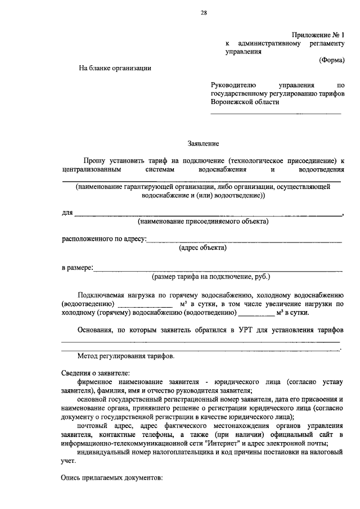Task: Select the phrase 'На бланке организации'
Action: [115, 68]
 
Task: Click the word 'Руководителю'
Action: [233, 84]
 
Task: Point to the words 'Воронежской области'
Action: [245, 102]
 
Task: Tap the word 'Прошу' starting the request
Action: [91, 160]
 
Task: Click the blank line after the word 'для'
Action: [208, 215]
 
